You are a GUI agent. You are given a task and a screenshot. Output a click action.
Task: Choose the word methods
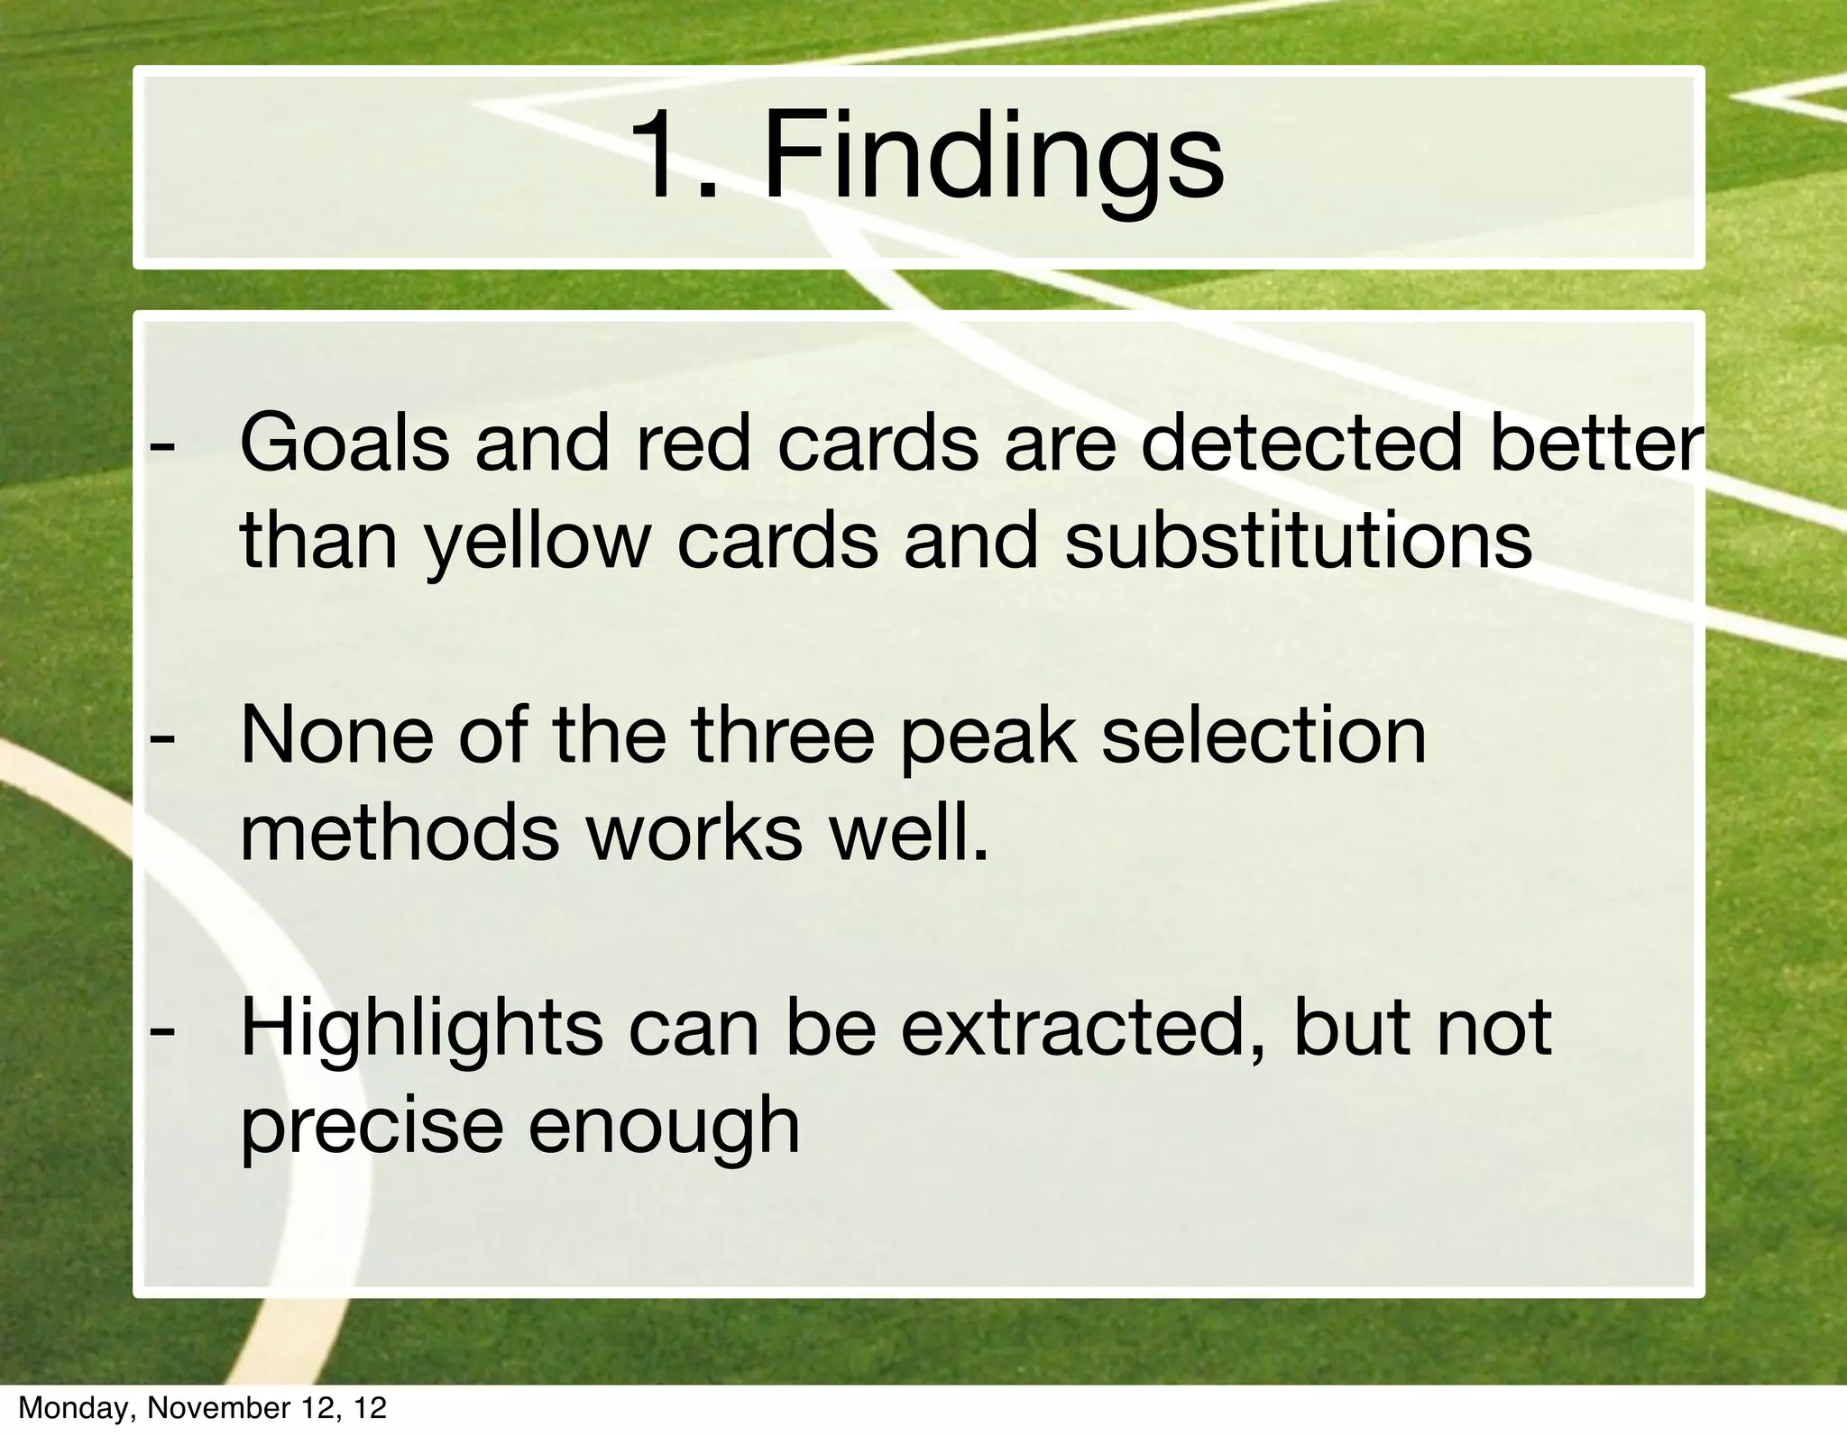[400, 833]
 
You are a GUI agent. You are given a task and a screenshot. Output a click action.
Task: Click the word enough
[664, 1129]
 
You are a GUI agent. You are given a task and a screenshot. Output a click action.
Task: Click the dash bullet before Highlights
[162, 1029]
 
